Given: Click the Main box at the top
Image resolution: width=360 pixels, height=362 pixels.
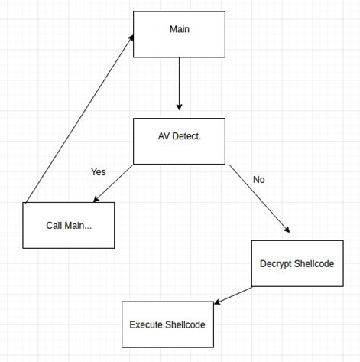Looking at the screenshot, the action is click(x=179, y=34).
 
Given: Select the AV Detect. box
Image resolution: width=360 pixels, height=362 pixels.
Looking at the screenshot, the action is click(x=179, y=141).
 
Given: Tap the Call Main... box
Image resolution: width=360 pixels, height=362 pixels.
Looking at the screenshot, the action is click(x=69, y=225).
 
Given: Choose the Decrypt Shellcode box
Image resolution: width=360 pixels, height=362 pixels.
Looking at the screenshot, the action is click(x=297, y=263).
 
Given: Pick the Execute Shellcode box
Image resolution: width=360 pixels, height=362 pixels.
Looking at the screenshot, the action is click(x=167, y=324).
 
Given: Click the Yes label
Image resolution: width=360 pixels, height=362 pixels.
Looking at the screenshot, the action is click(x=99, y=172).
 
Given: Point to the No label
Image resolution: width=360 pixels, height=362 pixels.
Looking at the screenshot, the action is click(x=259, y=180).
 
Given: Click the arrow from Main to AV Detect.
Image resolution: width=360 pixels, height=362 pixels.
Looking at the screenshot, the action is click(x=179, y=83).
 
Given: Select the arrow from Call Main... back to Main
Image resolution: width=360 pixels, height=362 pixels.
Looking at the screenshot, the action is click(x=79, y=119).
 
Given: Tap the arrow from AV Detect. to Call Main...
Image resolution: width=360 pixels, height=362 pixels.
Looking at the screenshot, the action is click(x=113, y=184).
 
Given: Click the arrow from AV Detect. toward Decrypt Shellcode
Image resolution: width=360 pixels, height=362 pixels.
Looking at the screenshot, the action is click(x=259, y=198).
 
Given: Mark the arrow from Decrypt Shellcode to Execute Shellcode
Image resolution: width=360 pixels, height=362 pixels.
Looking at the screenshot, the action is click(x=233, y=295).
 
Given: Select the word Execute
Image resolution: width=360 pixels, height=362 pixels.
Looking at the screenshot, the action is click(x=146, y=324).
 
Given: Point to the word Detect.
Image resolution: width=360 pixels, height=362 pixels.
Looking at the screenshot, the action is click(x=186, y=136).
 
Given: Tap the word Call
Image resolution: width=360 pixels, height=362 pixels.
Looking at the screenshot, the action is click(x=54, y=225).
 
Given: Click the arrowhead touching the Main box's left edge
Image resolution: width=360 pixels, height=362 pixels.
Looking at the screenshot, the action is click(x=131, y=38).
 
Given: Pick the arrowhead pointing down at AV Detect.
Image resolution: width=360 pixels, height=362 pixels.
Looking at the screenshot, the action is click(x=179, y=107).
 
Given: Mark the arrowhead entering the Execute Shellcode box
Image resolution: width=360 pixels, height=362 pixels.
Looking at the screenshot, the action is click(x=217, y=302).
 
